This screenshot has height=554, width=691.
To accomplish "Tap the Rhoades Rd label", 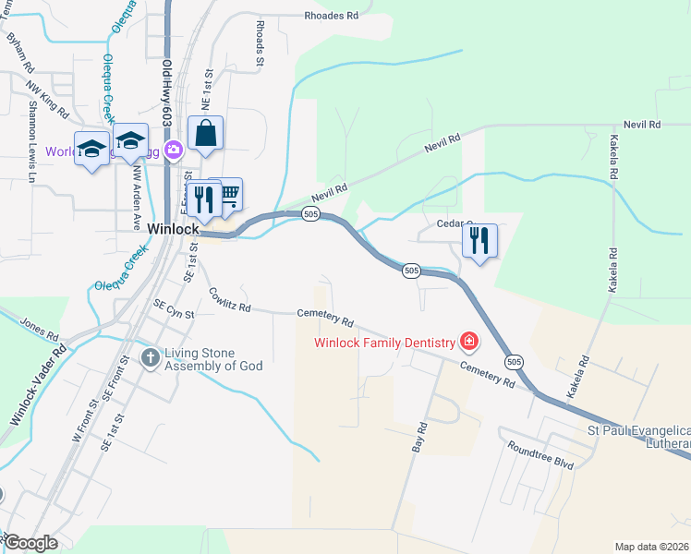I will tap(331, 16).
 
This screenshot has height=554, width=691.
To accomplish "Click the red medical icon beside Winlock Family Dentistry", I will tap(469, 343).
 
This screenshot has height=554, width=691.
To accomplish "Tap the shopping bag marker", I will tap(205, 133).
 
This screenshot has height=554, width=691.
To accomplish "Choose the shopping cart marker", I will tap(228, 194).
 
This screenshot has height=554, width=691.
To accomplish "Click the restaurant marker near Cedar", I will tap(479, 240).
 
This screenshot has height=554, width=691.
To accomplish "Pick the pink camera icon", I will tap(173, 150).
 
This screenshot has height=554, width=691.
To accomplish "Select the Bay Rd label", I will tap(419, 438).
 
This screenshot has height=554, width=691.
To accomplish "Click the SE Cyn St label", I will tap(175, 314).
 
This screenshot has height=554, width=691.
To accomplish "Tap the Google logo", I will tap(31, 543).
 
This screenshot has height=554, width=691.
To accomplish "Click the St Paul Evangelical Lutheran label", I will tap(639, 438).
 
